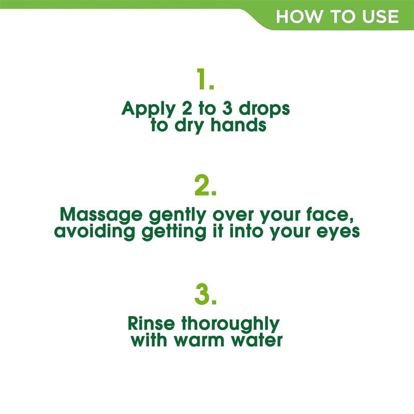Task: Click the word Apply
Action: tap(149, 109)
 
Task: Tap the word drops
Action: tap(264, 109)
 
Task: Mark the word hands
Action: tap(239, 125)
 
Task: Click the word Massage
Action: tap(101, 215)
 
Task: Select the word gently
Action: tap(178, 215)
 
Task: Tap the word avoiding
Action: tap(95, 231)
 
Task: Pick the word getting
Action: tap(174, 231)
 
